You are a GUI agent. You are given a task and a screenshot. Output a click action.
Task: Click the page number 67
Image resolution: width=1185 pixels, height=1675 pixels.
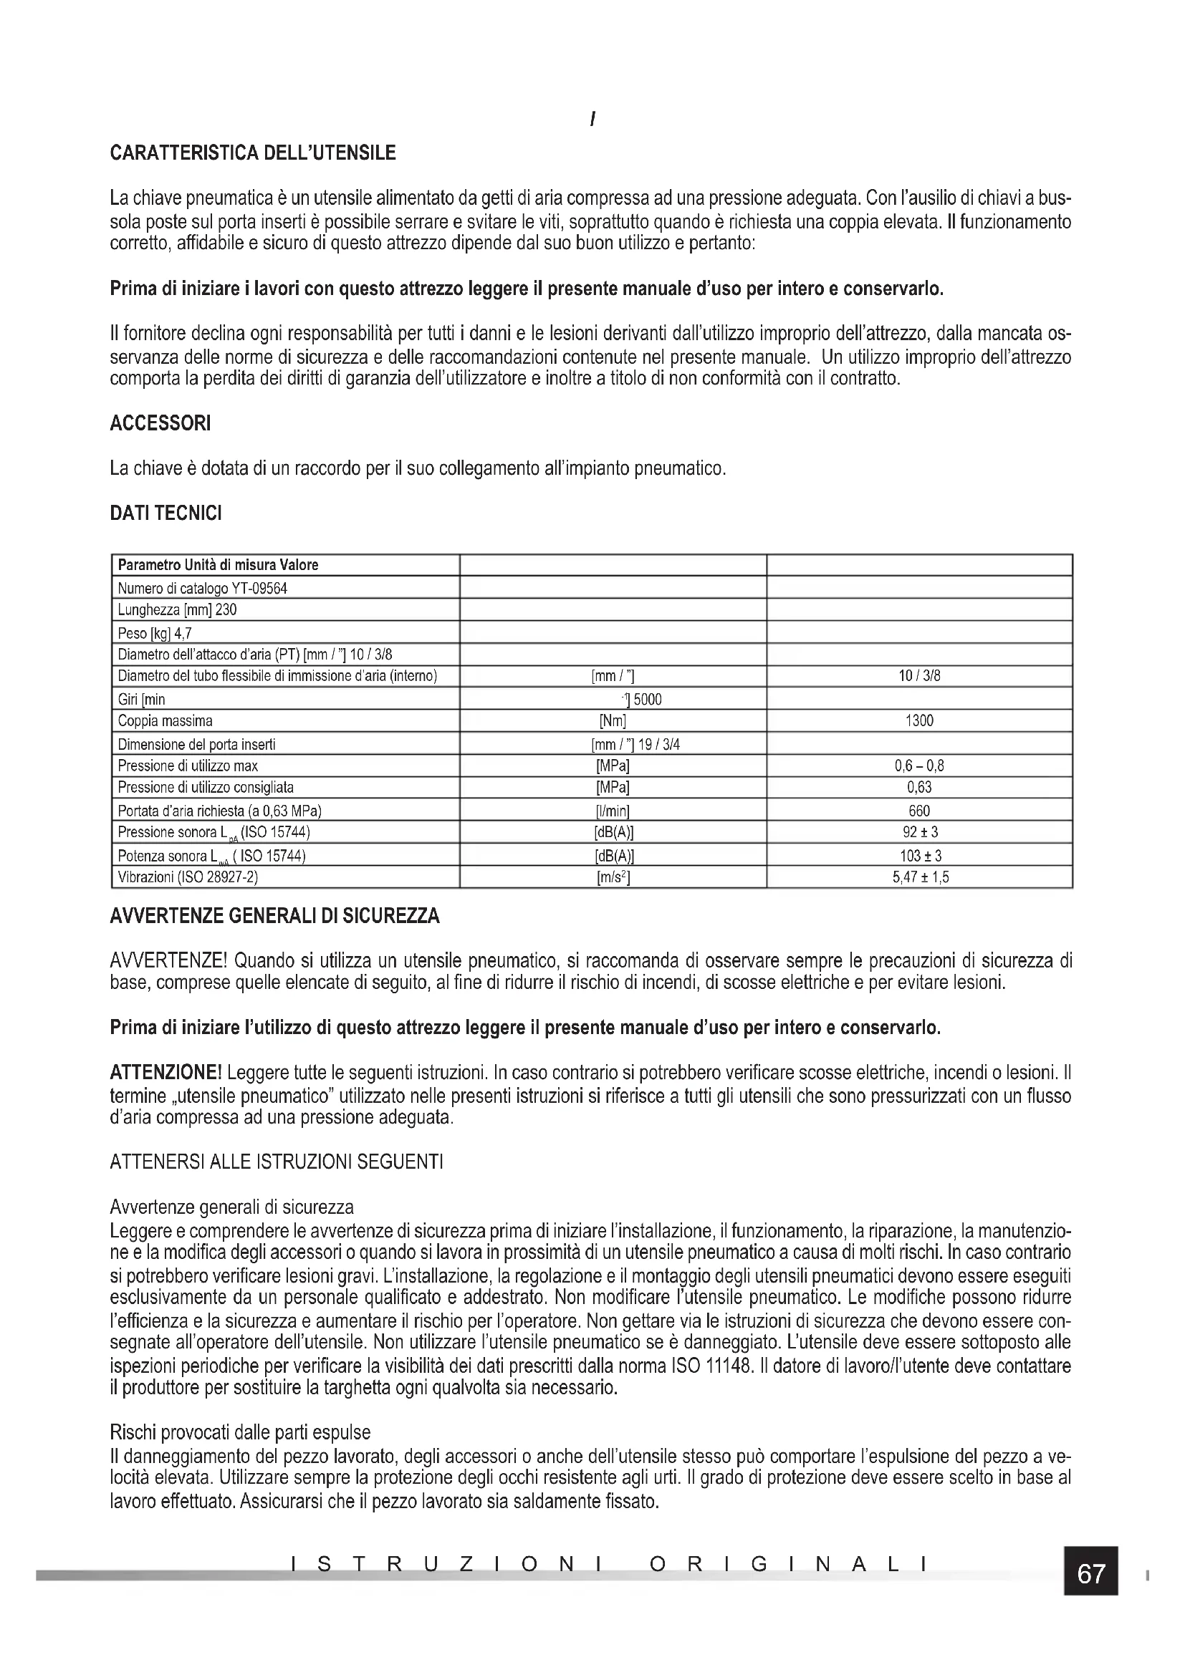point(1090,1573)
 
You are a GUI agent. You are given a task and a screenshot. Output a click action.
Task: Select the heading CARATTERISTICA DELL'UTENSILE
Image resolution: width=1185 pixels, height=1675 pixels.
point(252,153)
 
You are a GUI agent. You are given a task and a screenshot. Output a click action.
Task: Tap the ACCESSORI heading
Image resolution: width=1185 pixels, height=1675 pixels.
point(160,423)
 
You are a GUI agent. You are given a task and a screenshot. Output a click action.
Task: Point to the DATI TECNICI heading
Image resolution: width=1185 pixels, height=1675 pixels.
point(165,513)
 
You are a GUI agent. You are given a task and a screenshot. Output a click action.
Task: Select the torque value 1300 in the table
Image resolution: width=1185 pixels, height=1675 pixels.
point(918,722)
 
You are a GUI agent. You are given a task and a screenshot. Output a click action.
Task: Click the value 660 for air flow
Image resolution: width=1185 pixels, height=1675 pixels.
point(918,811)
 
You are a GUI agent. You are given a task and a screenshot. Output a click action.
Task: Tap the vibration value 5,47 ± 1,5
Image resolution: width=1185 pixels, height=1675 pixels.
point(920,878)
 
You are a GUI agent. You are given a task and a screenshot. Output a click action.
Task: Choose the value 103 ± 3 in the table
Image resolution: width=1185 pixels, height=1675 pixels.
point(920,856)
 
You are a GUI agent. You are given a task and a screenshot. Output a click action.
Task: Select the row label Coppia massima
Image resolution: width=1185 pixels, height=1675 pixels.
point(165,722)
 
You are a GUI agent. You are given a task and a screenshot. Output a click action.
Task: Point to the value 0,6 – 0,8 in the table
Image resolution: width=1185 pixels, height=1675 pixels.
point(918,766)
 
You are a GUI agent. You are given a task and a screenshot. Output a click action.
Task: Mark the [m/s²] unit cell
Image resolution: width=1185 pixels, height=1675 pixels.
point(613,878)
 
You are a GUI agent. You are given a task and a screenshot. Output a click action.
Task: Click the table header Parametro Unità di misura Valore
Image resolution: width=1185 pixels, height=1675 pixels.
point(219,566)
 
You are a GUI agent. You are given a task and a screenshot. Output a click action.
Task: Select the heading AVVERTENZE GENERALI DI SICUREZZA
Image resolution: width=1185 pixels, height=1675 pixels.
point(274,917)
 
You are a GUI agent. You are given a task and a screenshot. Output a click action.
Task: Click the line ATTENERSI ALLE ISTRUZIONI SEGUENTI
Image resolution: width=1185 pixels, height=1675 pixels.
point(276,1162)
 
